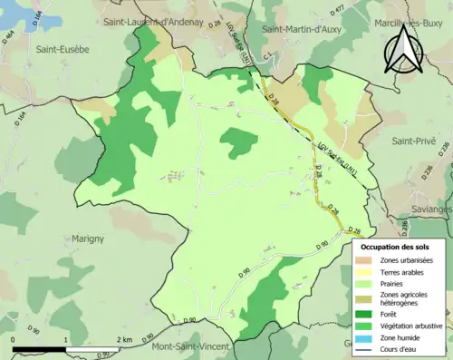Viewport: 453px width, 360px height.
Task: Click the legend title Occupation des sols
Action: point(394,246)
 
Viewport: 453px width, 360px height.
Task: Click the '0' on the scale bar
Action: point(14,339)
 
